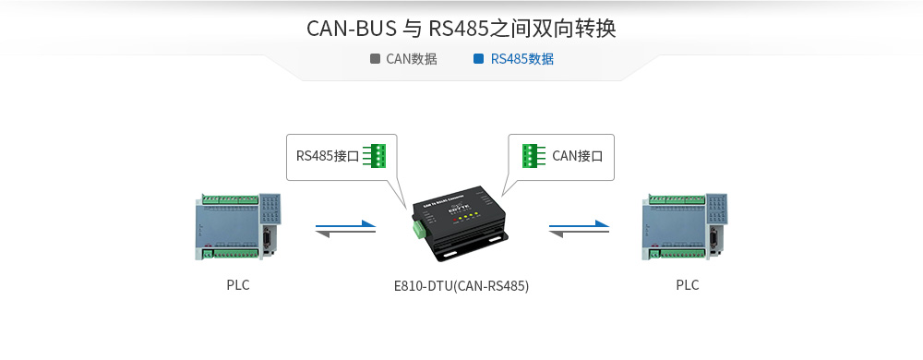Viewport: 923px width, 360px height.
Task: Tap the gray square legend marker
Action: tap(375, 59)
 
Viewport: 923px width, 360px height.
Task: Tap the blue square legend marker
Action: tap(478, 59)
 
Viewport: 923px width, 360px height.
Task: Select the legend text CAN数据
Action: tap(411, 59)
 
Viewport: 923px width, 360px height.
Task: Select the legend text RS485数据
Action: tap(522, 59)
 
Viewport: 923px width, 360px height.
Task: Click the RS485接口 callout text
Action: tap(327, 156)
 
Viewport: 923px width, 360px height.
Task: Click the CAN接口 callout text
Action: tap(577, 156)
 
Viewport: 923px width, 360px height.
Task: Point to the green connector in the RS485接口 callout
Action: tap(375, 156)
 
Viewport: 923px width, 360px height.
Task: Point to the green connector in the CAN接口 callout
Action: tap(533, 156)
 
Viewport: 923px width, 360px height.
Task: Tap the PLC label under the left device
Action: tap(238, 285)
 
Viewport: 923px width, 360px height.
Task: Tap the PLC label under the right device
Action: tap(688, 285)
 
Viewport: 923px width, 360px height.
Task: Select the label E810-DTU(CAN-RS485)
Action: tap(461, 286)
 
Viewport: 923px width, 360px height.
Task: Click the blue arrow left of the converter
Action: tap(346, 223)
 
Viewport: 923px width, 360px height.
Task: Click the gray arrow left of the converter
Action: tap(345, 234)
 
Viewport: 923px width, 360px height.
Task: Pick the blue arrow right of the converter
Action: tap(579, 223)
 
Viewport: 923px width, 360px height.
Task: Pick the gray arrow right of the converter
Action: tap(579, 234)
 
